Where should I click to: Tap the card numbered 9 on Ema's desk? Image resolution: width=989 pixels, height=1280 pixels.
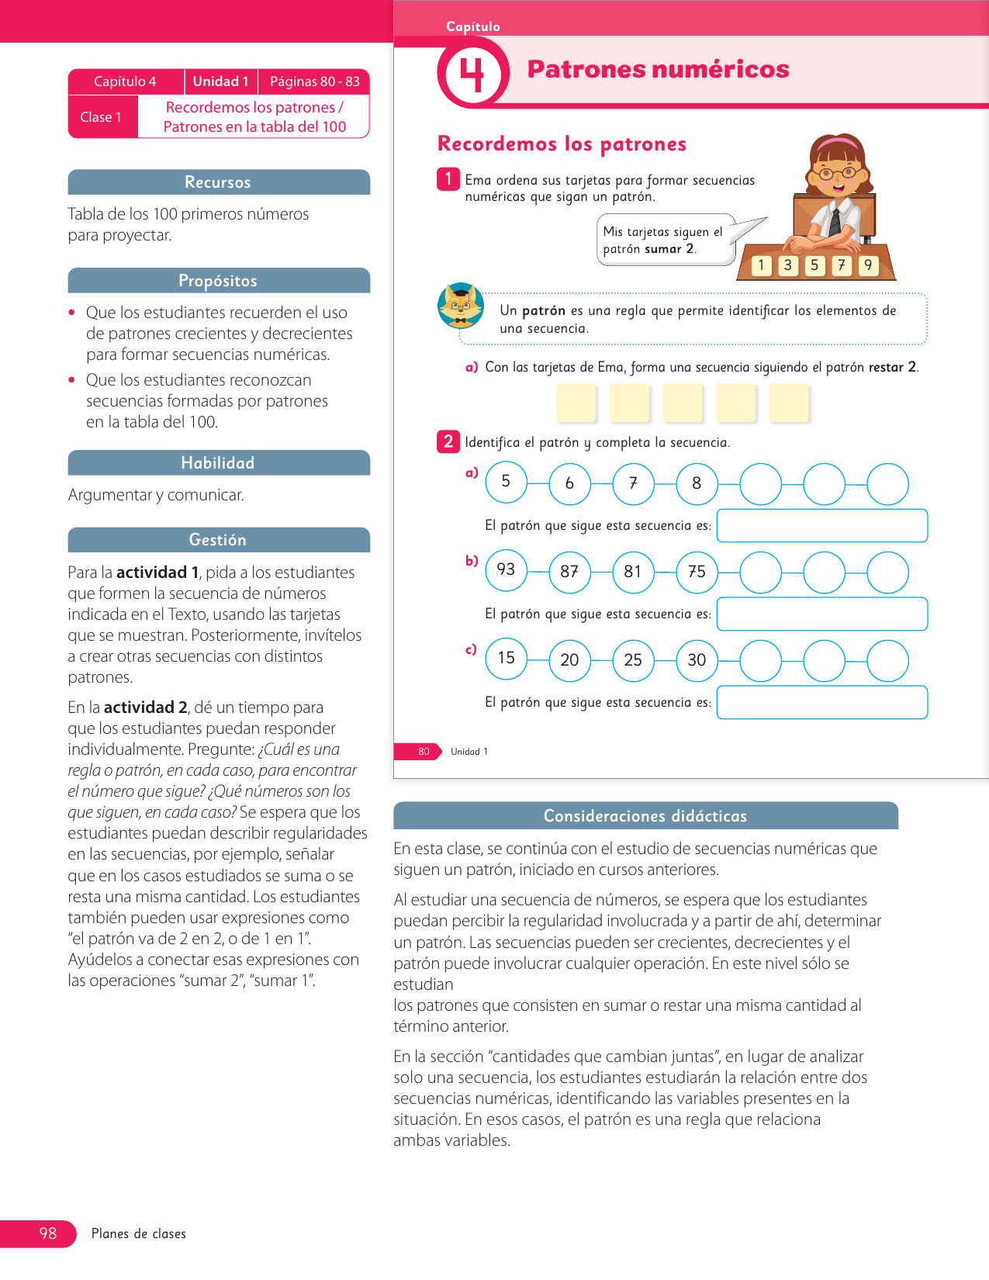point(868,265)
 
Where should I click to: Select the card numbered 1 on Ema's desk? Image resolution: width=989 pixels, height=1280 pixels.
point(761,265)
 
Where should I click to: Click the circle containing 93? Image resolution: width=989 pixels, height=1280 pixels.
point(506,570)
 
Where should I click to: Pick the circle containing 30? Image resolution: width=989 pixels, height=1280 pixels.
point(697,660)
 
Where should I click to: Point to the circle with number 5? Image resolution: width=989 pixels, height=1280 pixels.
point(506,482)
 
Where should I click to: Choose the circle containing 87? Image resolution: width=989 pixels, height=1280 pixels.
point(569,572)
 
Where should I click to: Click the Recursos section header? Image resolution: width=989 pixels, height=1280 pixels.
point(218,182)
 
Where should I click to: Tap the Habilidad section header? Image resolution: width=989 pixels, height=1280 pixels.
point(218,463)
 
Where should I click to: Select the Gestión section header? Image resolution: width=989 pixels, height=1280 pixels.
point(218,540)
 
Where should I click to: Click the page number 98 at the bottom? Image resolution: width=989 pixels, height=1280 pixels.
point(47,1233)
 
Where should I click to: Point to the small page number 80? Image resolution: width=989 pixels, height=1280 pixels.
point(424,752)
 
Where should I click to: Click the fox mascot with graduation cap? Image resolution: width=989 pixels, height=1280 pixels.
point(461,306)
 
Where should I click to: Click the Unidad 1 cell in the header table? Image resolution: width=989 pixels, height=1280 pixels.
point(220,81)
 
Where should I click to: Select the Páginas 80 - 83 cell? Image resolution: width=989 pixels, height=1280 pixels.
point(314,81)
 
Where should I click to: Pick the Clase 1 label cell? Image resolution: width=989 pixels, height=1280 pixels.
point(102,117)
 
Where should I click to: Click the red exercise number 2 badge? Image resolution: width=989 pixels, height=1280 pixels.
point(448,441)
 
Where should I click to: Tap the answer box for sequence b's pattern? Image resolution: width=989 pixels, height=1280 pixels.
point(821,614)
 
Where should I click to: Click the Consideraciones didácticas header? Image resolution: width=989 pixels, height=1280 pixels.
point(645,816)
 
